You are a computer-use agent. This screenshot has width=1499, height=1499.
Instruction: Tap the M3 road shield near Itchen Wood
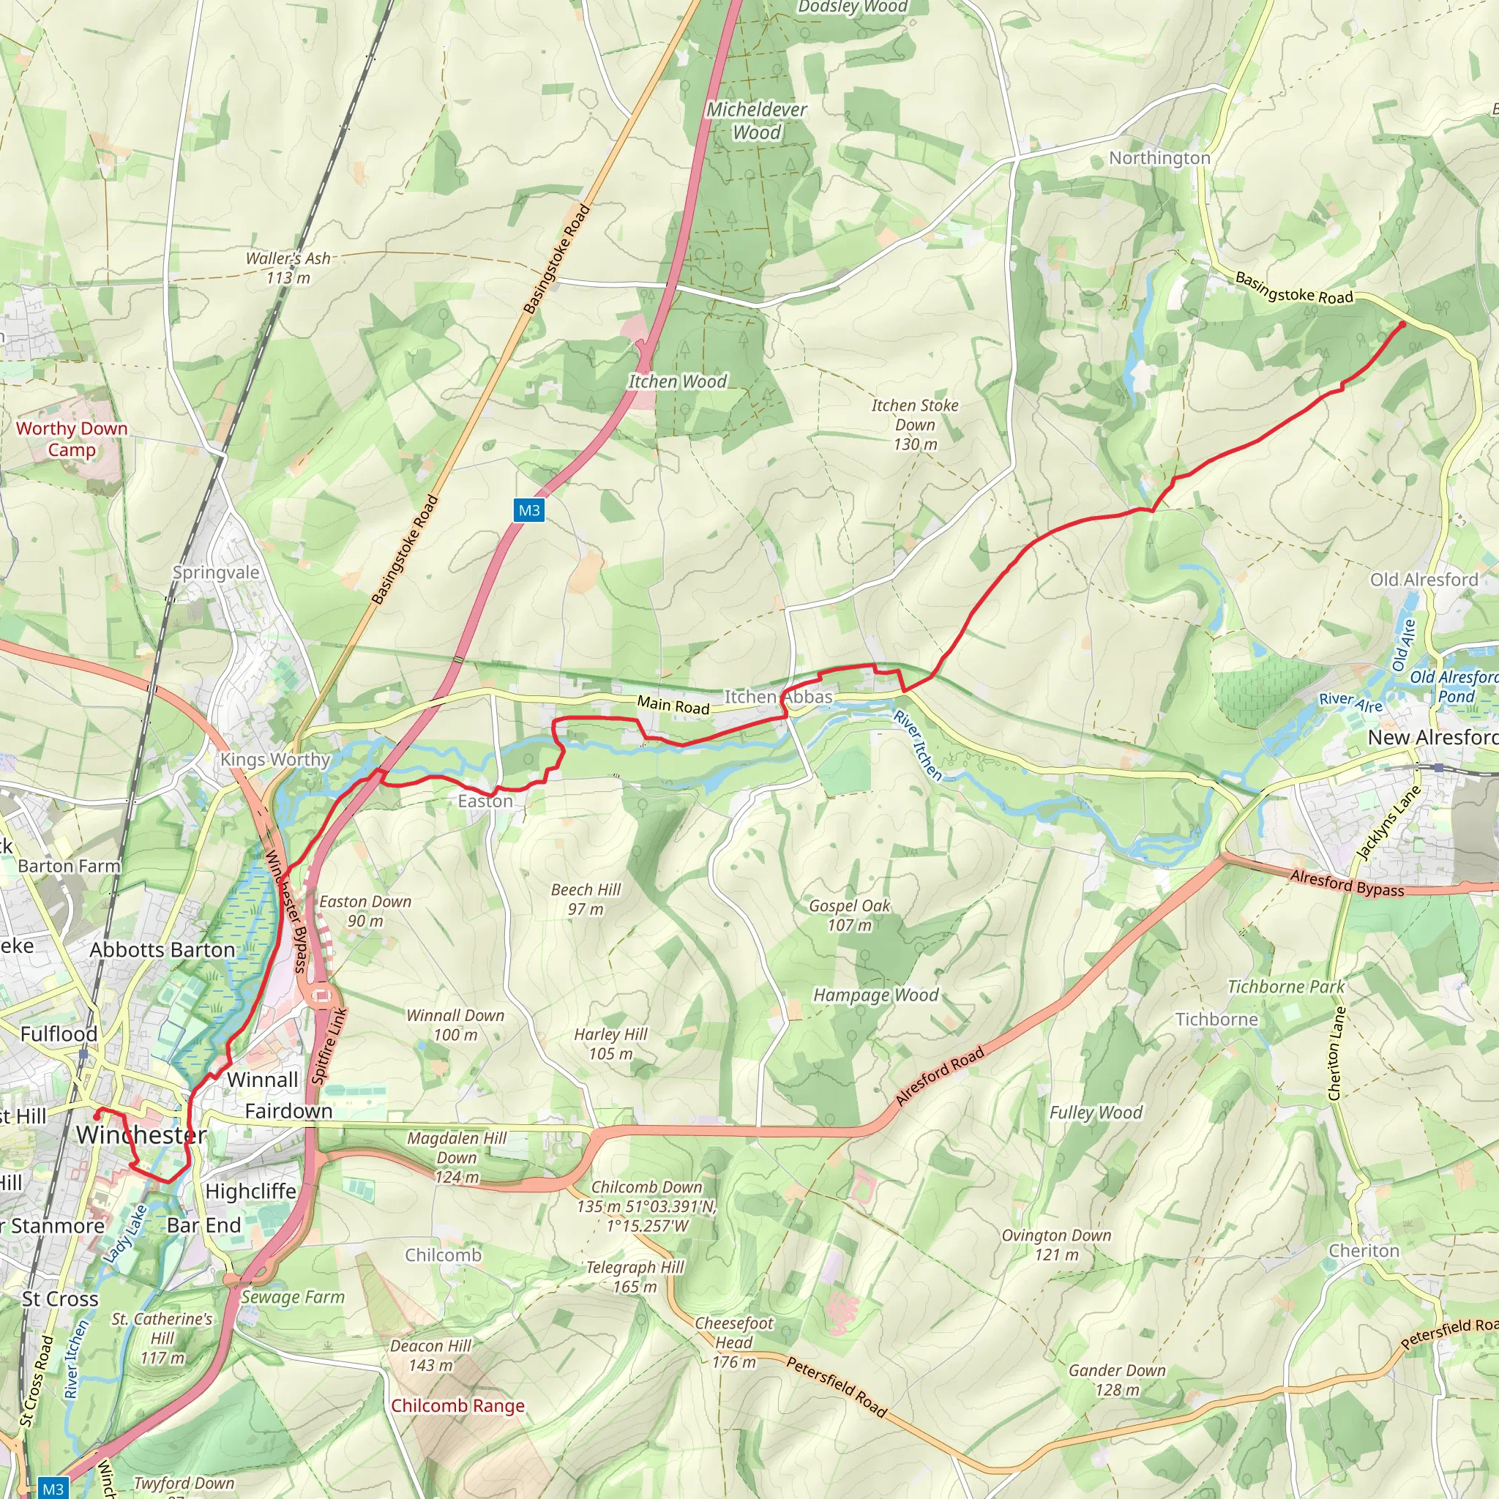(528, 511)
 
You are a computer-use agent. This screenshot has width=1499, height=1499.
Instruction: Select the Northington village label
(1159, 157)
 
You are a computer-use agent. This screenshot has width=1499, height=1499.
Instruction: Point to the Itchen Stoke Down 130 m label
(915, 425)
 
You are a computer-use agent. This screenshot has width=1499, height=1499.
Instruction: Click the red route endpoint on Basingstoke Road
(1402, 324)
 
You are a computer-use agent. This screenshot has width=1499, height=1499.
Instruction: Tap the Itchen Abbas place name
(778, 697)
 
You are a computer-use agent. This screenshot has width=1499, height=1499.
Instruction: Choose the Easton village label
(485, 801)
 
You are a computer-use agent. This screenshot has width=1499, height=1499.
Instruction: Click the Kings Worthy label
(274, 760)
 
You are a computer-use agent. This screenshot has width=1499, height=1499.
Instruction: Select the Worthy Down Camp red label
(72, 439)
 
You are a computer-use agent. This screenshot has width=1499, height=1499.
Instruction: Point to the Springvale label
(216, 572)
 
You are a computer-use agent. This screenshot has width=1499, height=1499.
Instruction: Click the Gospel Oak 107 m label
(850, 916)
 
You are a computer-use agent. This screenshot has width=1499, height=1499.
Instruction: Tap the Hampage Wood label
(875, 995)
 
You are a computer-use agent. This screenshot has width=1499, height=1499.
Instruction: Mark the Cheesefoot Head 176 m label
(734, 1342)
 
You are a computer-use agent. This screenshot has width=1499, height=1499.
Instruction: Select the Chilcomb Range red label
(457, 1405)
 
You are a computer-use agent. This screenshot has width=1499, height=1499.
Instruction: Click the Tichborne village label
(1216, 1019)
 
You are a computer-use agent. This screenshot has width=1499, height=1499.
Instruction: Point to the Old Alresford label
(1424, 580)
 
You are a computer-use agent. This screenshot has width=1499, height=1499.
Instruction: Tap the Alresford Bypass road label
(1347, 883)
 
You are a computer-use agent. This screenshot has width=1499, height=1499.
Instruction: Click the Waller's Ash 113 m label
(288, 268)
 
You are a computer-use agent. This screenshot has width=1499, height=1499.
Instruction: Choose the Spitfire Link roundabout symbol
(321, 995)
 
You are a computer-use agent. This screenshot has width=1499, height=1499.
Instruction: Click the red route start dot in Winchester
(96, 1117)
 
